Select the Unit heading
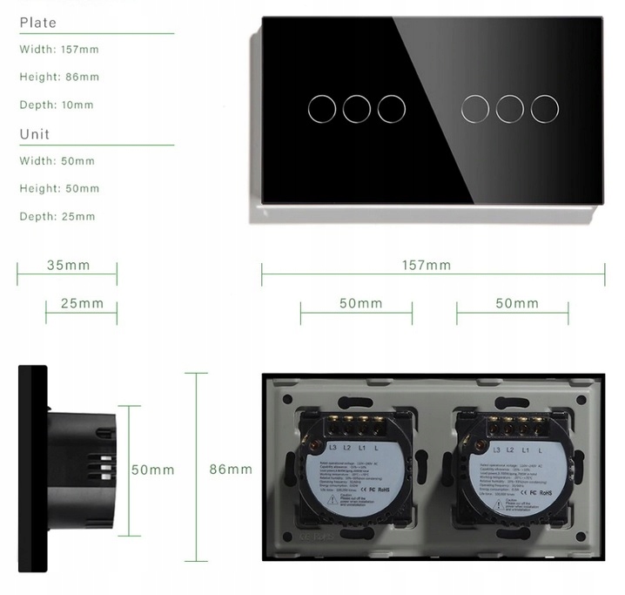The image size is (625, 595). [x=35, y=134]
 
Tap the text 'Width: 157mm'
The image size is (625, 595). [x=57, y=50]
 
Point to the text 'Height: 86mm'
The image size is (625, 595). [x=59, y=78]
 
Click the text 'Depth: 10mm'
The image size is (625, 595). [x=57, y=105]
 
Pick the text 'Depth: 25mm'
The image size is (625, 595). [x=57, y=217]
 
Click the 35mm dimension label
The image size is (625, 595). [x=68, y=266]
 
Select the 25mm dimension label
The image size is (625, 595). [x=82, y=303]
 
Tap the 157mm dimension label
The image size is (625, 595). [x=427, y=266]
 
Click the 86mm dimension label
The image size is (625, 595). [x=231, y=470]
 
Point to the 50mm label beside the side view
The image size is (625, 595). [x=153, y=470]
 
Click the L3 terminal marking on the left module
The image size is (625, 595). [x=334, y=449]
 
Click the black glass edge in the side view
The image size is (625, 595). [x=32, y=470]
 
